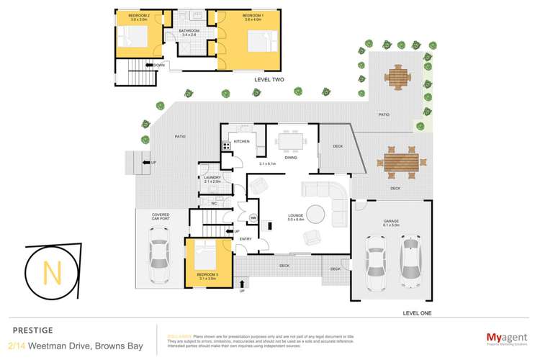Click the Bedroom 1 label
pos(252,15)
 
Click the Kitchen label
pos(240,142)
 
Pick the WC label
pos(214,204)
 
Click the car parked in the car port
pos(159,258)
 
